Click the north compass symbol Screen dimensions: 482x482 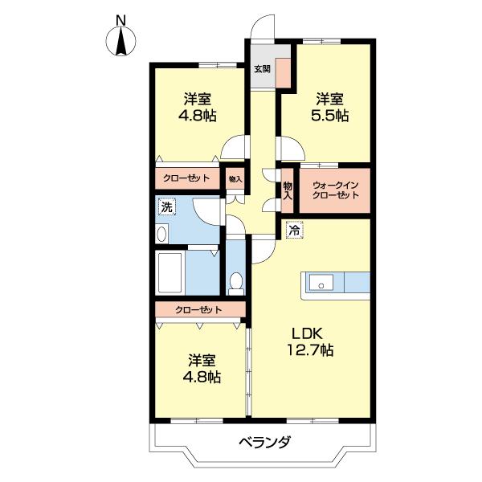tap(120, 40)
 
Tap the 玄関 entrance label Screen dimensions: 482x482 tap(262, 69)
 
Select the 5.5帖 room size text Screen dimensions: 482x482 tap(330, 116)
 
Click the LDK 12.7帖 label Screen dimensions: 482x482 tap(310, 341)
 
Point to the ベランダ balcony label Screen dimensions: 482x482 tap(264, 443)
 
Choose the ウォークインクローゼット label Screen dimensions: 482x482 tap(335, 190)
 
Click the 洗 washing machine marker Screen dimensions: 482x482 tap(167, 207)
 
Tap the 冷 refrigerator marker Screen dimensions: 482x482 tap(295, 230)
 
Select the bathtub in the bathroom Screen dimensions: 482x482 tap(170, 272)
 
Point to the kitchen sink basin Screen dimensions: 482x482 tap(321, 283)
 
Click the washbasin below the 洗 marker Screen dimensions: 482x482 tap(162, 235)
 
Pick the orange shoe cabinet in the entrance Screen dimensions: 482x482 tap(283, 73)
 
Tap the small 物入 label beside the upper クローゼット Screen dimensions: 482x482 tap(235, 178)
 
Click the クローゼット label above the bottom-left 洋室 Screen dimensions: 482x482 tap(198, 309)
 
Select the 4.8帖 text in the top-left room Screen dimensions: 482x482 tap(198, 116)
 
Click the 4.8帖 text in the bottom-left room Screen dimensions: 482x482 tap(202, 377)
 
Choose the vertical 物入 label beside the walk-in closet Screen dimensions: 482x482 tap(288, 191)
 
